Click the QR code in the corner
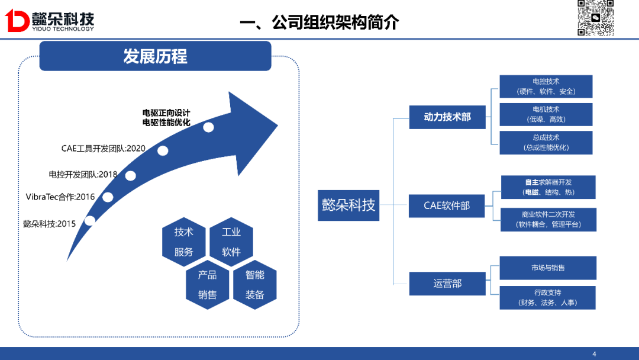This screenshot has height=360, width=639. click(x=595, y=18)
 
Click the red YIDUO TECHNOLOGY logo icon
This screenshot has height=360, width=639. click(x=17, y=21)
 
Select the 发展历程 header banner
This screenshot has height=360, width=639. click(x=155, y=56)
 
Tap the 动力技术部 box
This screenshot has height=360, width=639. click(x=447, y=117)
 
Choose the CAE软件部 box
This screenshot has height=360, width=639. click(x=447, y=205)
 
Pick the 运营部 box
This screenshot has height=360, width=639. click(x=447, y=284)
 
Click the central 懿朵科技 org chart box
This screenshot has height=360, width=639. click(x=348, y=205)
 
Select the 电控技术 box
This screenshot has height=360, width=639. click(x=546, y=86)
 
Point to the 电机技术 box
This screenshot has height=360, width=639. click(x=546, y=114)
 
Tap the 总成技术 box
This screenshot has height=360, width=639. click(x=546, y=143)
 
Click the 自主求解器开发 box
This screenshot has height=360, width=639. click(x=548, y=187)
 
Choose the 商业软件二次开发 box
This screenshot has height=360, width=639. click(x=548, y=220)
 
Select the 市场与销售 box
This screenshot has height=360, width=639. click(x=548, y=268)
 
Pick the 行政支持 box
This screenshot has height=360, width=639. click(x=548, y=297)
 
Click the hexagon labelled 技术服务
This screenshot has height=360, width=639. click(x=184, y=242)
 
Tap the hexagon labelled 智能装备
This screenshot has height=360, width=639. click(x=254, y=285)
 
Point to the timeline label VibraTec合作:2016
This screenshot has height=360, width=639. click(x=60, y=197)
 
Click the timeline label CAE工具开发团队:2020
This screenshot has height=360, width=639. click(x=104, y=148)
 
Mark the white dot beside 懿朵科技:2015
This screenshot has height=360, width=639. click(x=90, y=220)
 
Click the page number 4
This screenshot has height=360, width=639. click(x=595, y=354)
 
